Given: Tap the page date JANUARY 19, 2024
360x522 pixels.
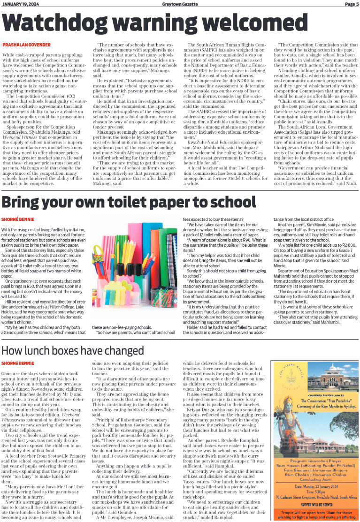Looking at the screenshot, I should pyautogui.click(x=21, y=4).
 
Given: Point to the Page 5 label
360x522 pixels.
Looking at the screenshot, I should pyautogui.click(x=351, y=4).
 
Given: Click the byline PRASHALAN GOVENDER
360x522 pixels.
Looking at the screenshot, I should pyautogui.click(x=26, y=45).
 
